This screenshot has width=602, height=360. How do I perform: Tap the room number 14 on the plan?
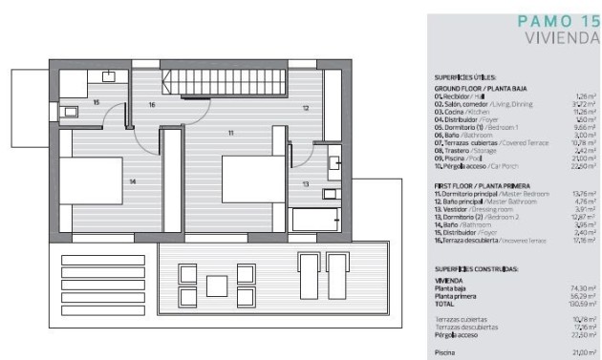coord(132,180)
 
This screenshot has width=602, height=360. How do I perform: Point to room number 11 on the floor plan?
coord(229,132)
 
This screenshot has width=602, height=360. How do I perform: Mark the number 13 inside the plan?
coord(305,182)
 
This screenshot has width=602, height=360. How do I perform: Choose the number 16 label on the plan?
coord(152,104)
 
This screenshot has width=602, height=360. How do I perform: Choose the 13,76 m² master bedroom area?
coord(585,193)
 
